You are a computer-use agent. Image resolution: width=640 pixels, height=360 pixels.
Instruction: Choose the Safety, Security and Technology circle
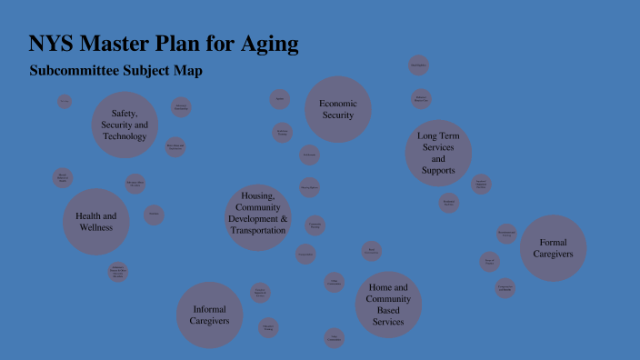point(125,125)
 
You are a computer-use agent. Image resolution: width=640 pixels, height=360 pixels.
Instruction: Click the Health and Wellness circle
point(95,222)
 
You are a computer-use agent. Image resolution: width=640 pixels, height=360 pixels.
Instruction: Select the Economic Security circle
point(337,109)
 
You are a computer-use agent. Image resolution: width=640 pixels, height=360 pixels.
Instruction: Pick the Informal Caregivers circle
point(210,315)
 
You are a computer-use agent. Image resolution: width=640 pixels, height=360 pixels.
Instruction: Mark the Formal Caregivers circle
point(554,248)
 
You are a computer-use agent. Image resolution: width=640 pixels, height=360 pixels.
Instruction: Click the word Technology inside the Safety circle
point(125,136)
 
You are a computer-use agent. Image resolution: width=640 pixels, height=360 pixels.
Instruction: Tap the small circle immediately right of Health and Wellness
point(154,215)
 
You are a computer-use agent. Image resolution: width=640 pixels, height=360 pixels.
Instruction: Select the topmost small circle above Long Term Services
point(418,65)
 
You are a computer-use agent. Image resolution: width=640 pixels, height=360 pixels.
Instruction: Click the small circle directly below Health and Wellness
point(117,272)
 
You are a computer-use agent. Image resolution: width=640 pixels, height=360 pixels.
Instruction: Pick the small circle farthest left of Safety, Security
point(65,101)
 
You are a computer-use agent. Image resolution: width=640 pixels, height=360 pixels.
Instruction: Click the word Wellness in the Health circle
point(95,227)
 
